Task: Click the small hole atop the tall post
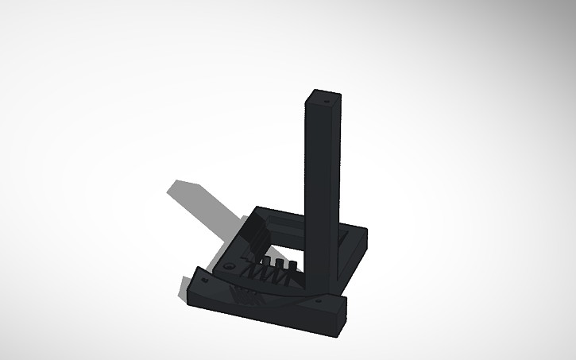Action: point(326,102)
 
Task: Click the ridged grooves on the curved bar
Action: point(247,297)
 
